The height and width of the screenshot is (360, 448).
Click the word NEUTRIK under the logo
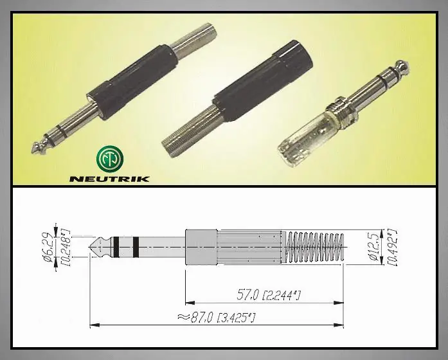tap(109, 179)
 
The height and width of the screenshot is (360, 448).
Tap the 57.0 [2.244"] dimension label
tap(269, 295)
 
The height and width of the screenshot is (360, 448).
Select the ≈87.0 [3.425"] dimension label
tap(216, 318)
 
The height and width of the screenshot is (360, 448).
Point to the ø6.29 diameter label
tap(48, 247)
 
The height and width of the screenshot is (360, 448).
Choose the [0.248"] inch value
tap(66, 248)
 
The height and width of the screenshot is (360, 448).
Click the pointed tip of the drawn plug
tap(89, 247)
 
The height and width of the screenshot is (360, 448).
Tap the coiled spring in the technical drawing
tap(314, 247)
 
